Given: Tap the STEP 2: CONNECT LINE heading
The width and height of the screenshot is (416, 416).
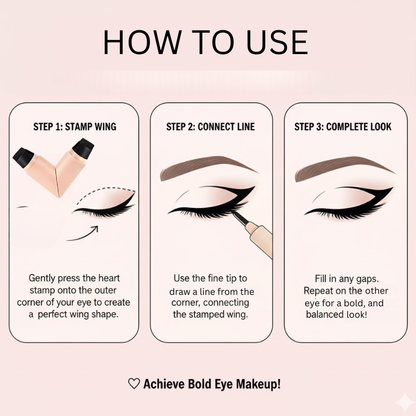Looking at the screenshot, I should point(208,127).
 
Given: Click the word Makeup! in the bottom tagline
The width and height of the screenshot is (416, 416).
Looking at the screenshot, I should point(259,383).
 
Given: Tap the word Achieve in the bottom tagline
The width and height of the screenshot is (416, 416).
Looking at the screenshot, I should point(167,383).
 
